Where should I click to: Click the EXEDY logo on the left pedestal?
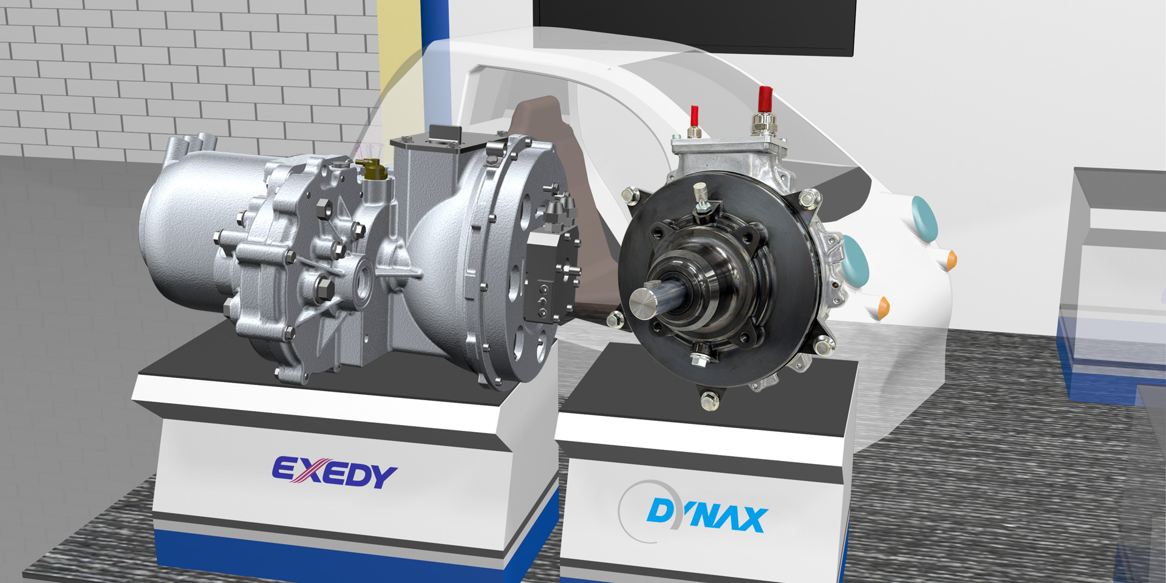coord(334,472)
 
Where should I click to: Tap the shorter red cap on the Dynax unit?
coord(693,115)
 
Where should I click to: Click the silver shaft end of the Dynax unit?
coord(644,302)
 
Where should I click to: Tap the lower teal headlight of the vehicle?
coord(854,261)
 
